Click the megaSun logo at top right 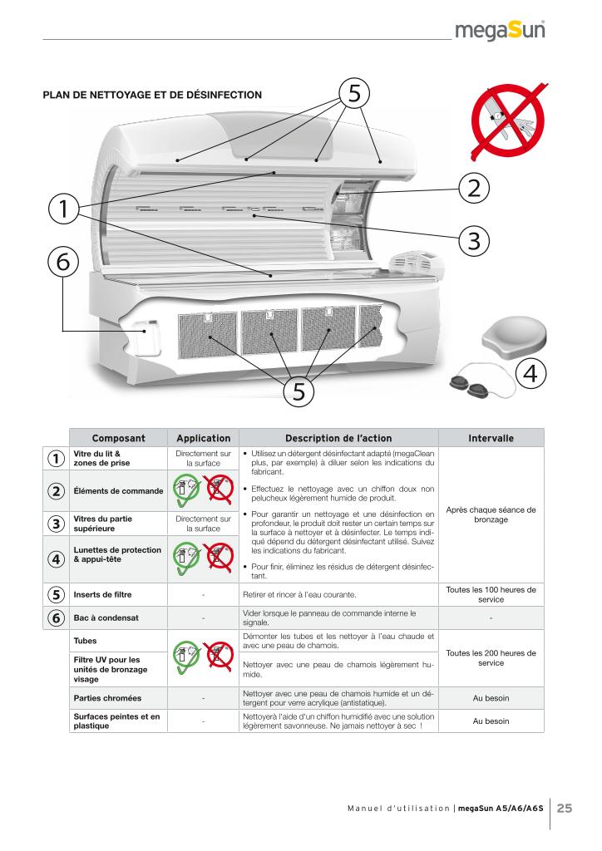coord(500,31)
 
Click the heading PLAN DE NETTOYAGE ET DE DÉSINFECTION coord(152,95)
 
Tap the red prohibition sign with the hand coord(508,121)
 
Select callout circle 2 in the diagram coord(474,188)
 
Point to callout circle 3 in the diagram coord(474,240)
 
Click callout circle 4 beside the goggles coord(530,373)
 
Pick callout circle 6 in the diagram coord(63,261)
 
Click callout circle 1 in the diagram coord(63,209)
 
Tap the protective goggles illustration coord(481,379)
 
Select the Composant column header coord(118,438)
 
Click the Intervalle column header coord(491,438)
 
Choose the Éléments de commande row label coord(118,490)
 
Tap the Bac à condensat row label coord(106,617)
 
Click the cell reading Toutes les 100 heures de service coord(491,594)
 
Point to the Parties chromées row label coord(107,698)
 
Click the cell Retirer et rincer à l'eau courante coord(299,595)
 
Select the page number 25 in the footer coord(565,808)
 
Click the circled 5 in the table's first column coord(56,595)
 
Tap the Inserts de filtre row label coord(102,595)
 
